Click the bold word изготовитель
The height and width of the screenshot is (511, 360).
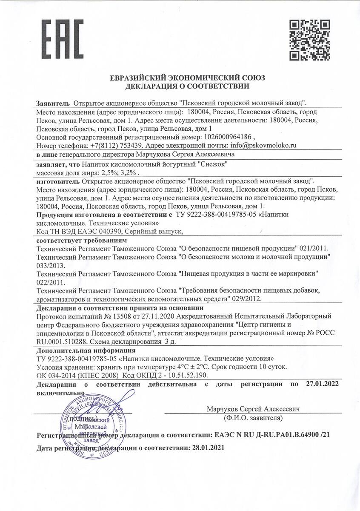[57, 181]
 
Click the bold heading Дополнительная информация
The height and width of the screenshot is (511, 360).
[86, 350]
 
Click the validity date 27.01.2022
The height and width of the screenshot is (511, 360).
[322, 384]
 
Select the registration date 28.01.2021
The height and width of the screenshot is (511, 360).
[206, 448]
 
